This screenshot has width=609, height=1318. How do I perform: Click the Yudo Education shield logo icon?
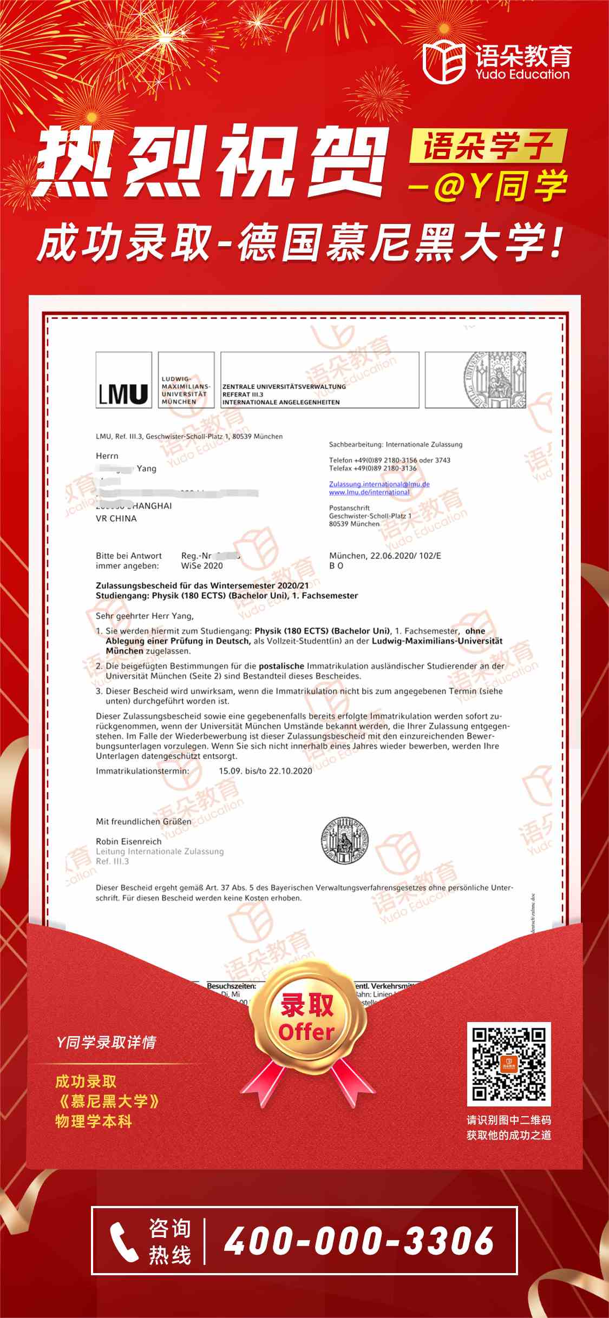(x=443, y=62)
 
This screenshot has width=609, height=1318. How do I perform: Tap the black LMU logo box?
(x=123, y=379)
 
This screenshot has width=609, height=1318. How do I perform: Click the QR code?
(x=508, y=1064)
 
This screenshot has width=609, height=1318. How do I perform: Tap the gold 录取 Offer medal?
(x=306, y=1019)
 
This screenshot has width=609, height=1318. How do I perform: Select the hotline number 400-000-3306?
(x=359, y=1240)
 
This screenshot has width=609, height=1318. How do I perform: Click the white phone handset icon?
(x=124, y=1241)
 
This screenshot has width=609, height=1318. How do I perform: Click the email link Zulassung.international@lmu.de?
(x=379, y=484)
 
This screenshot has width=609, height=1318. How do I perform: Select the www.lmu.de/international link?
(x=369, y=492)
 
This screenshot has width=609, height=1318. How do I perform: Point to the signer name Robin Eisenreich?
(x=128, y=841)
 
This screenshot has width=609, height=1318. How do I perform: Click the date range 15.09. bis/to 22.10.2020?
(x=265, y=770)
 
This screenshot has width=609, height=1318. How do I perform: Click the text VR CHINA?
(x=116, y=518)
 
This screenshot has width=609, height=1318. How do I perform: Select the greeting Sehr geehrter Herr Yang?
(x=145, y=616)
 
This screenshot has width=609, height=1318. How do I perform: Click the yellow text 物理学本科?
(x=94, y=1121)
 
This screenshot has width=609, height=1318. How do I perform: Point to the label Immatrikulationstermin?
(x=142, y=770)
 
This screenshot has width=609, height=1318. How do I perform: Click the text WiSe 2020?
(x=202, y=565)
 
